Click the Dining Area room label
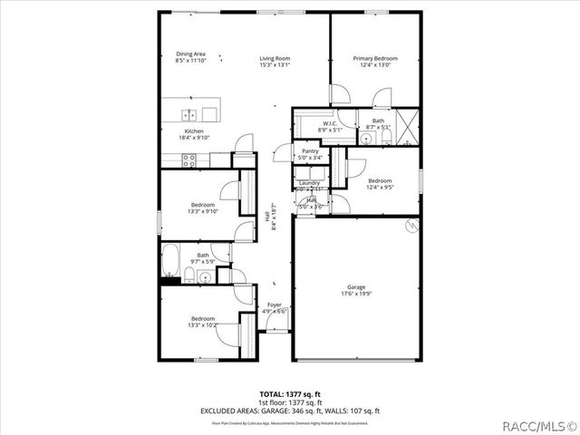click(x=190, y=53)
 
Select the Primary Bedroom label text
click(x=374, y=57)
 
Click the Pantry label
click(x=310, y=151)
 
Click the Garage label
click(x=356, y=286)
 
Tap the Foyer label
click(x=275, y=304)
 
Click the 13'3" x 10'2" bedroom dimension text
click(x=202, y=324)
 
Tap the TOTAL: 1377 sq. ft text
click(x=290, y=394)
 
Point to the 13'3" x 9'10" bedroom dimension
click(x=202, y=211)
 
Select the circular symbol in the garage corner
click(x=412, y=224)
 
